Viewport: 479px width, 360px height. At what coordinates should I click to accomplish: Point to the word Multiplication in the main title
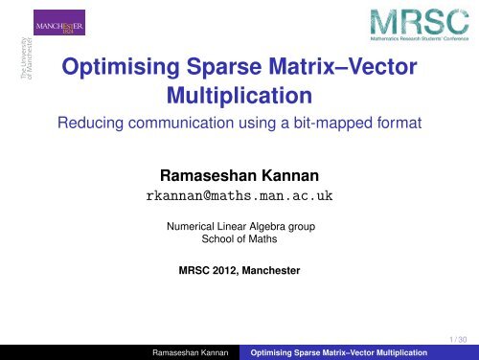coord(239,98)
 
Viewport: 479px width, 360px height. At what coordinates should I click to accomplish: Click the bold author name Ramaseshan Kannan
coord(239,176)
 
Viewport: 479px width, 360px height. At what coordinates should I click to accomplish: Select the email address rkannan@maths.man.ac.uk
coord(239,198)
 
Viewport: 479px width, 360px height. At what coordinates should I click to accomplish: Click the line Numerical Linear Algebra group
coord(239,227)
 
